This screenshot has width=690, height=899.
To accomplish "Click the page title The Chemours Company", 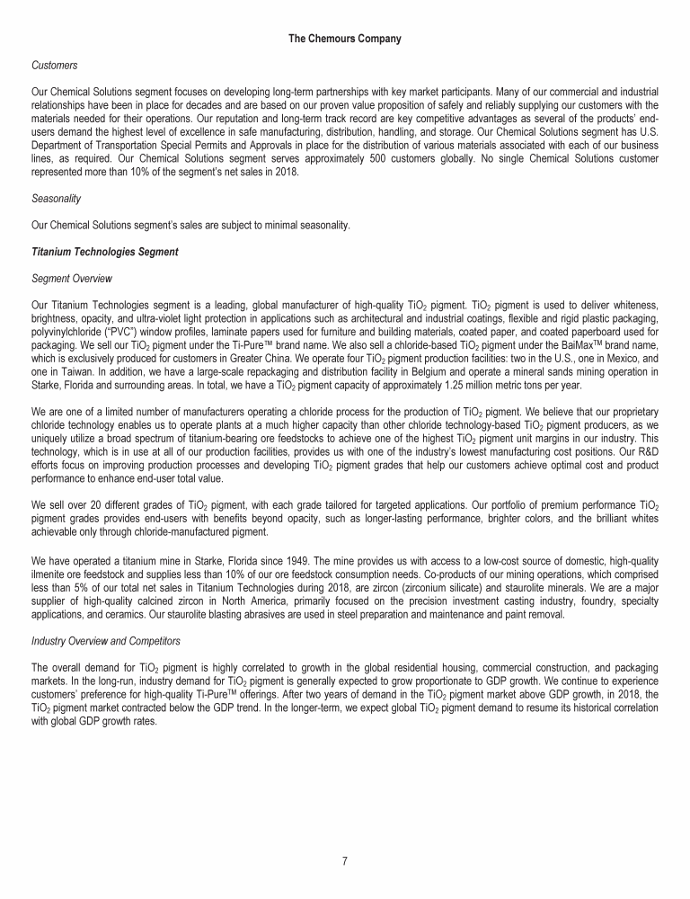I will tap(344, 38).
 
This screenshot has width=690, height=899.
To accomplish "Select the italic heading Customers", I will tap(53, 66).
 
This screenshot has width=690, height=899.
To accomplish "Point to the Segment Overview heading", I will tap(71, 279).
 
